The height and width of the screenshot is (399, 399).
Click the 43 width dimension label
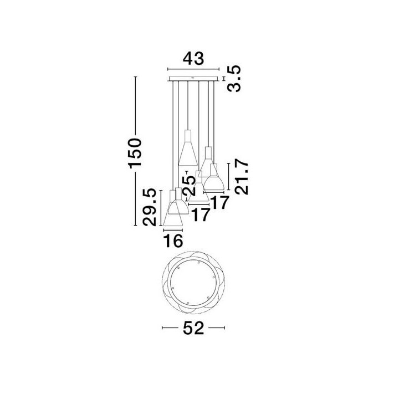point(193,59)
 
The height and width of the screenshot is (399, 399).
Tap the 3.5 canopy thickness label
point(234,78)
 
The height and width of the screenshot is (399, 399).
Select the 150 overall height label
point(135,153)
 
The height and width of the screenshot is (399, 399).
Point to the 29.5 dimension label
point(149,207)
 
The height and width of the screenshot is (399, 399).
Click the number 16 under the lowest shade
point(173,241)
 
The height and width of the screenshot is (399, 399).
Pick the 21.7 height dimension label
point(242,177)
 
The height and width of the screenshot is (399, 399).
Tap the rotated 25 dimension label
point(190,185)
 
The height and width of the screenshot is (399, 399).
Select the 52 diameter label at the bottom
point(193,328)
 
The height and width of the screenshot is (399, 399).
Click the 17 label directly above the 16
point(201,215)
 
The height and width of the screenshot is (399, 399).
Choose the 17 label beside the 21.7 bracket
point(220,203)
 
